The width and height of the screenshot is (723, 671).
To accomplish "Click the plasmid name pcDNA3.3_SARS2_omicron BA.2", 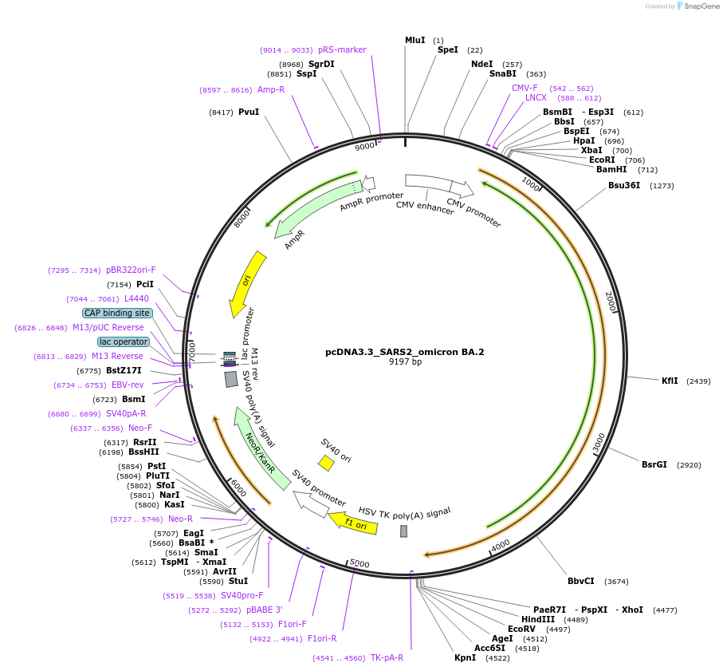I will coord(404,351).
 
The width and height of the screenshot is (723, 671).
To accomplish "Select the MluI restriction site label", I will coord(415,40).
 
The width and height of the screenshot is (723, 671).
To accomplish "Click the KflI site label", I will coord(670,381).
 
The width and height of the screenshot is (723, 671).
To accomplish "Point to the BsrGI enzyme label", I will coord(654,464).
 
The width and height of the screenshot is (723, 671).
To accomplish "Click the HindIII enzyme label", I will coord(538,619).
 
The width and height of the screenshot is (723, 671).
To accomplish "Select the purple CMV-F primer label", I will coord(525,88).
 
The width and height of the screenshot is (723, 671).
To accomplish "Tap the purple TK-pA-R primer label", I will coord(387,657).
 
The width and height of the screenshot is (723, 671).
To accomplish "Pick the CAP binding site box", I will coord(117,313).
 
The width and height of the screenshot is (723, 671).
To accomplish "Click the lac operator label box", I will coord(124,341).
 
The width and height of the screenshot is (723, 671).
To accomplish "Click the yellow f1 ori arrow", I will coord(350,523).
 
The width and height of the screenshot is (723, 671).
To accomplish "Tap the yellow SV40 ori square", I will coord(326,463).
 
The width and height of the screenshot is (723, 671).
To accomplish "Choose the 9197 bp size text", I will coord(404,361).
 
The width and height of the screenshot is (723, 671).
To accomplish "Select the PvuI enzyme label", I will coord(249,112).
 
